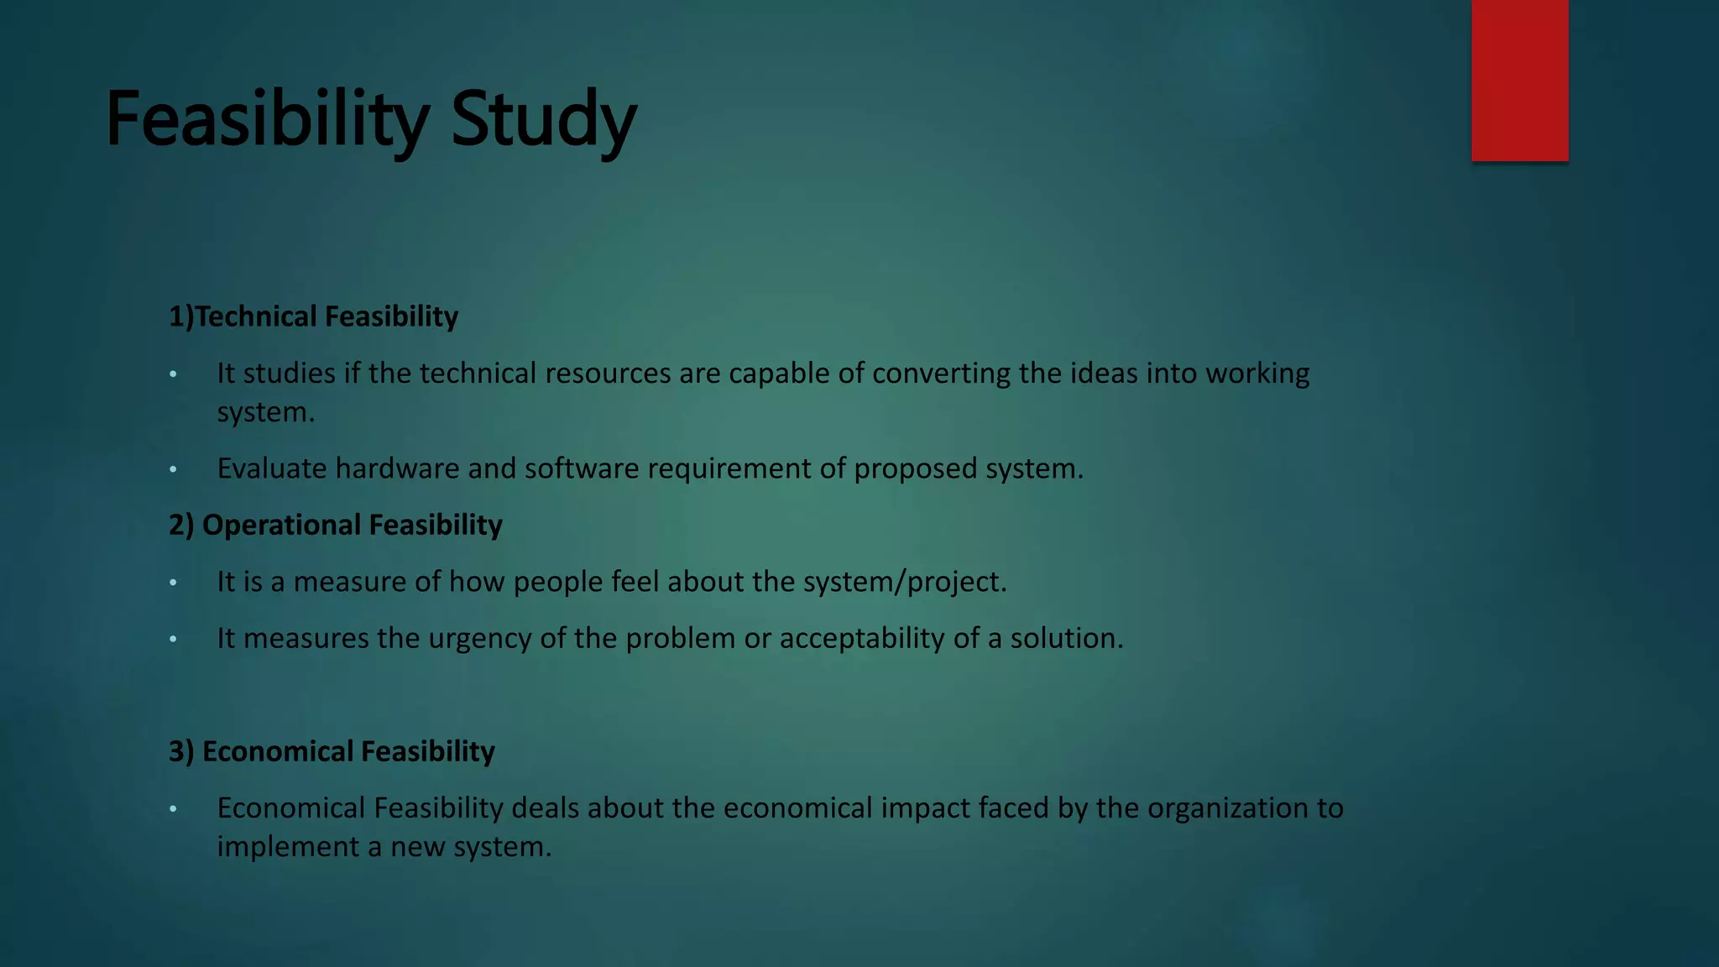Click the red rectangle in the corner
click(1519, 81)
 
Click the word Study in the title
click(543, 119)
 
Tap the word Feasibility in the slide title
click(267, 119)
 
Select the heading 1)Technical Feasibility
click(313, 316)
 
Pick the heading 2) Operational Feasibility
click(335, 525)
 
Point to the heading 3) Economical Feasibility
click(332, 751)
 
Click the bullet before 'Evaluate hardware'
click(173, 469)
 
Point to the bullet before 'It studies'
click(173, 374)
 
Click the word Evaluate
click(272, 468)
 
